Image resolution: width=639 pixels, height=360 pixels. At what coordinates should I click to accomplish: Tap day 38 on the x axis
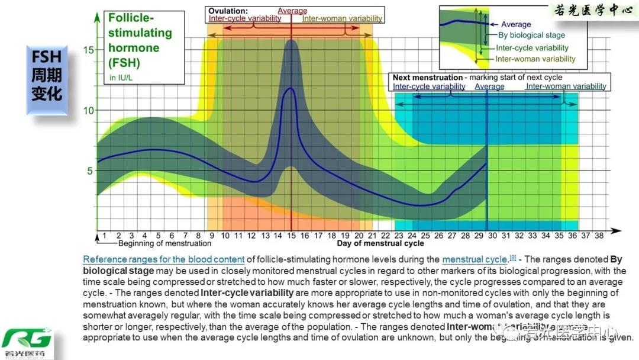(x=599, y=235)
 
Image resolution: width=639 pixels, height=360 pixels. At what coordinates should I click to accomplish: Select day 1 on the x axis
(x=105, y=235)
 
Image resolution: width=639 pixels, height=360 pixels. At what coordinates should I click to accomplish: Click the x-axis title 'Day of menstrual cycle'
(x=380, y=243)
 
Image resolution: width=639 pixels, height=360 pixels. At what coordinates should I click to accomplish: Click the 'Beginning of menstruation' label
(x=164, y=243)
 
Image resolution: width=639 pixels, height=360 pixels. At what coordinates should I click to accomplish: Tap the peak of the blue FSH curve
(x=291, y=88)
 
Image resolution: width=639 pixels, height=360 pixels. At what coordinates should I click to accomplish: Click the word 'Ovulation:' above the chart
(x=228, y=11)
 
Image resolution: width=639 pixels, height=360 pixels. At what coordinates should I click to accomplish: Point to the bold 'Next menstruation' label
(x=428, y=78)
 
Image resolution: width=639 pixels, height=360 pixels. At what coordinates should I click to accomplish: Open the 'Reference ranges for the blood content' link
(x=164, y=259)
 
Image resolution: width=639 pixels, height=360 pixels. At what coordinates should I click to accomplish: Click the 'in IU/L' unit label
(x=122, y=78)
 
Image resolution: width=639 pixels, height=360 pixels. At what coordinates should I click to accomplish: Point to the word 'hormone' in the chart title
(x=134, y=47)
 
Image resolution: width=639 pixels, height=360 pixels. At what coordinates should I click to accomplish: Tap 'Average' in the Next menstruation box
(x=489, y=86)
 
